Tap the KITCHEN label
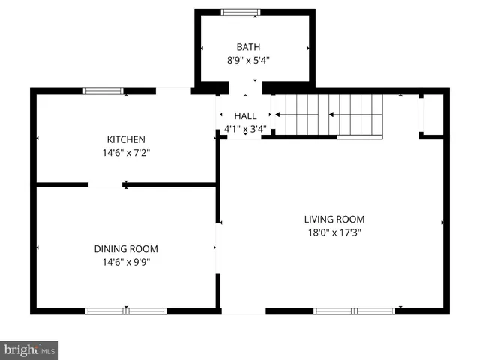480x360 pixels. (125, 139)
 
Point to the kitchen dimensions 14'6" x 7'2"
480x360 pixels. (125, 152)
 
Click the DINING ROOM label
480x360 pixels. (125, 249)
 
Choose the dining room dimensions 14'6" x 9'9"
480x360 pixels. (125, 262)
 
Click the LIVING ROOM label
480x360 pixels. (334, 219)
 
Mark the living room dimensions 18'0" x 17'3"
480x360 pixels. (334, 232)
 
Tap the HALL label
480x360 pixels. (245, 116)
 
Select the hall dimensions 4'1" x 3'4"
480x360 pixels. (245, 129)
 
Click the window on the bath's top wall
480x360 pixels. (241, 12)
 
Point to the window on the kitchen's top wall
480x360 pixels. (103, 91)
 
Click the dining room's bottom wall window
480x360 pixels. (126, 310)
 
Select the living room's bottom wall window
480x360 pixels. (354, 310)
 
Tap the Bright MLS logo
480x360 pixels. (29, 350)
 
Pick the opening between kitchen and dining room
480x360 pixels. (106, 184)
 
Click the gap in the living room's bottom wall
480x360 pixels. (244, 310)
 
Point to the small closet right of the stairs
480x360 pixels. (431, 115)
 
